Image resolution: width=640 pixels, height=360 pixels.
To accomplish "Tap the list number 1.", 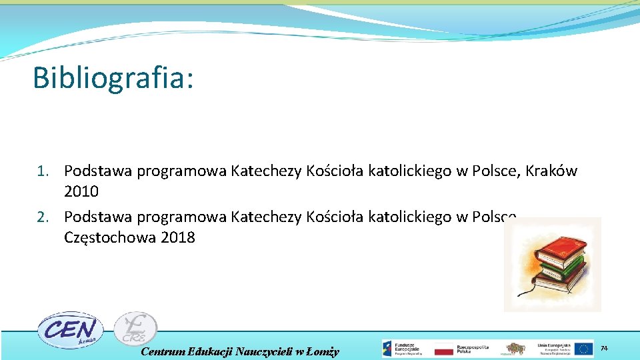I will (x=43, y=171).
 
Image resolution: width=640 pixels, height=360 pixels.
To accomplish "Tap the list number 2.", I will (x=43, y=217).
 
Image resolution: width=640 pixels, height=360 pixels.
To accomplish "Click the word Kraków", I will (x=551, y=171).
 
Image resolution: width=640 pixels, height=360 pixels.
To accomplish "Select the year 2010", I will (x=81, y=192).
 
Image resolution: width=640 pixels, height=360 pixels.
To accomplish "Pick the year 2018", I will (x=178, y=238).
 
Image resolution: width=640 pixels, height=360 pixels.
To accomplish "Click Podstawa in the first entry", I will (x=98, y=171).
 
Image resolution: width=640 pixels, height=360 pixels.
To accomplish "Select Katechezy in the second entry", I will (x=266, y=217).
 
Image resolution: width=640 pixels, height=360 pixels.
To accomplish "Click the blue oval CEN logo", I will (x=67, y=329).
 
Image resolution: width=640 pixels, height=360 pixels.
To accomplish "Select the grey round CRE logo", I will (x=135, y=329).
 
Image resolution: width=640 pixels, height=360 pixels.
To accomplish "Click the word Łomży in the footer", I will (x=324, y=351).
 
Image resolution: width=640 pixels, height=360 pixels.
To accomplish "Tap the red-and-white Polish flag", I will (x=443, y=349).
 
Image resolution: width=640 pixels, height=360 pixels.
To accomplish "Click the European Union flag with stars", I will (x=584, y=349).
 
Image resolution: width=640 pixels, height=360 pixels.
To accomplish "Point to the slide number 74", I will (x=605, y=349).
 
